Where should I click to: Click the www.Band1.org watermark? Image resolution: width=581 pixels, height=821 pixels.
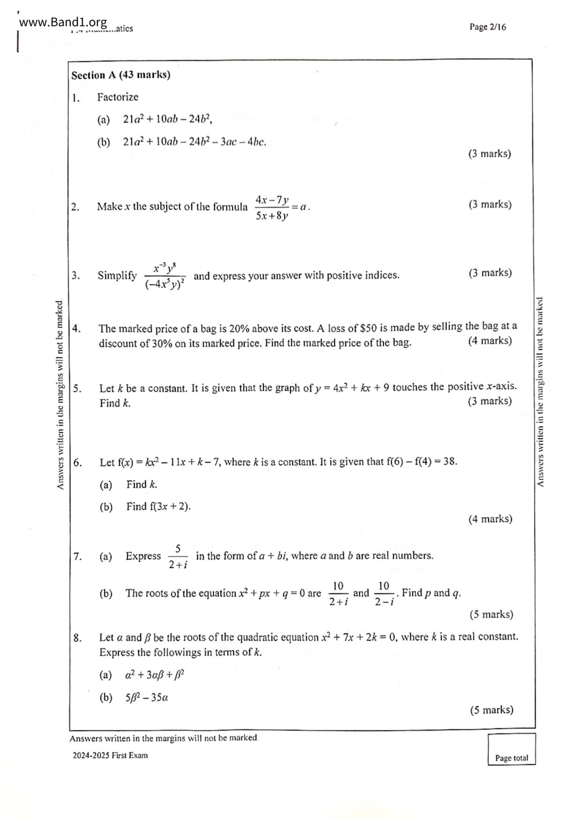[x=63, y=22]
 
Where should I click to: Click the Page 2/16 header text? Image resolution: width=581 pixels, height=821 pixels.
[x=487, y=27]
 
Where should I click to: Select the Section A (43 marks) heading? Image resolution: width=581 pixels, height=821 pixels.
[x=121, y=75]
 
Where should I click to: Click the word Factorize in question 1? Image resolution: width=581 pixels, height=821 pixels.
[x=118, y=97]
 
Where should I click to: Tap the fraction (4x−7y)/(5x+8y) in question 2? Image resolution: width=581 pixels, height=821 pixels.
[x=272, y=207]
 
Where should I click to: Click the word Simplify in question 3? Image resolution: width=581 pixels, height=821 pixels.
[x=117, y=276]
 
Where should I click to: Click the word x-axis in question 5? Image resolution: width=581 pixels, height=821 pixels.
[x=501, y=387]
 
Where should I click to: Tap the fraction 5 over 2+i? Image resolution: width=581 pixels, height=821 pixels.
[x=178, y=557]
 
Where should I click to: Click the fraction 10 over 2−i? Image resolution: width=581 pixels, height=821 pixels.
[x=384, y=594]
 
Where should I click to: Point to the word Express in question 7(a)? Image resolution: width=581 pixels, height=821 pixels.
[x=143, y=556]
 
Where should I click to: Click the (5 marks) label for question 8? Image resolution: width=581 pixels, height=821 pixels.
[x=492, y=710]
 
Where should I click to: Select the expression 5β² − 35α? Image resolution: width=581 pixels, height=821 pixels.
[x=147, y=697]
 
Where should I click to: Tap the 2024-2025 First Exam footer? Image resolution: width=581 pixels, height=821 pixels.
[x=110, y=755]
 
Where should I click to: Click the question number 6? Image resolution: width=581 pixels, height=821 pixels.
[x=77, y=463]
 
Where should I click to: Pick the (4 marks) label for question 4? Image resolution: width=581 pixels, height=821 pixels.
[x=490, y=341]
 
